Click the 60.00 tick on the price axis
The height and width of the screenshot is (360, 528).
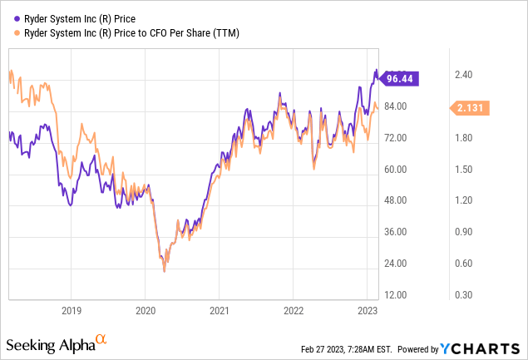396,169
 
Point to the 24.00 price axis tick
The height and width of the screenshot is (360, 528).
396,264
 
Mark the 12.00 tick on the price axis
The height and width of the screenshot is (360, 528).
396,295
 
